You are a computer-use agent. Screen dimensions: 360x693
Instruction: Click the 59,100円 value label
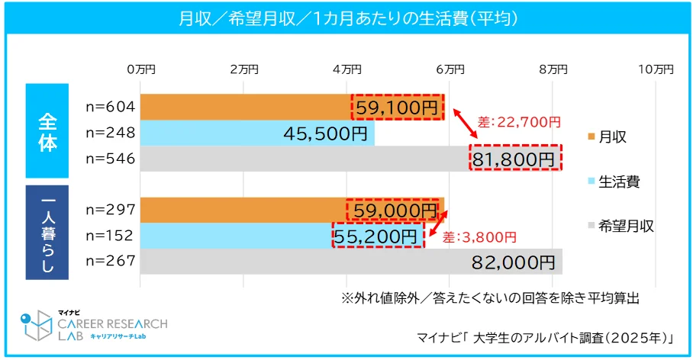click(397, 107)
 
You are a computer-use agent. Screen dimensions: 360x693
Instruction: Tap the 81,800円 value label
click(515, 159)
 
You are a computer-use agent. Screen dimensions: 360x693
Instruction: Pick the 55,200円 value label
click(379, 236)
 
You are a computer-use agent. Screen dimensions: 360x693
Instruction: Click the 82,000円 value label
click(514, 262)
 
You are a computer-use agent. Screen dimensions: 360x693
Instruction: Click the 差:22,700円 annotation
click(519, 121)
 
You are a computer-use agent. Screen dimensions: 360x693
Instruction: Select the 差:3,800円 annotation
click(479, 236)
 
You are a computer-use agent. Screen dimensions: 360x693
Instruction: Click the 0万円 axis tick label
click(140, 69)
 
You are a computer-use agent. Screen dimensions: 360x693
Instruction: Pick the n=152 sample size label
click(111, 236)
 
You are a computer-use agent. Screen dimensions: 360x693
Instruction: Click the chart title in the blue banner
click(346, 18)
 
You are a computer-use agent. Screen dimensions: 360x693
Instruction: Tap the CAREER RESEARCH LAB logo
click(92, 324)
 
